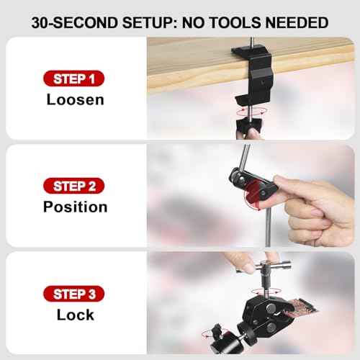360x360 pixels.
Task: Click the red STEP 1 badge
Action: click(x=75, y=78)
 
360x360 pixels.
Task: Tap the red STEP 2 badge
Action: click(x=75, y=186)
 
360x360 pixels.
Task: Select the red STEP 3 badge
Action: click(x=75, y=293)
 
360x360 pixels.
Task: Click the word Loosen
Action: click(x=75, y=99)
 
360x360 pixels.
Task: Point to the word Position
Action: click(x=75, y=207)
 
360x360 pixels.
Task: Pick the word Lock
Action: click(x=75, y=315)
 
